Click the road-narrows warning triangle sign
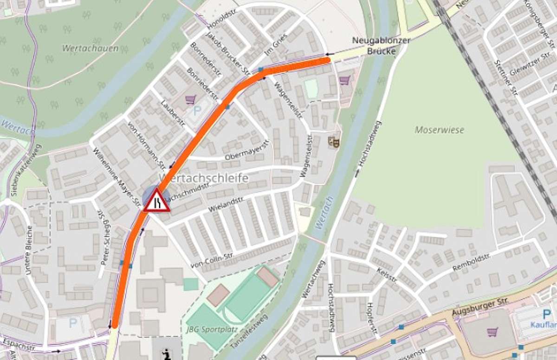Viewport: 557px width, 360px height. (156, 201)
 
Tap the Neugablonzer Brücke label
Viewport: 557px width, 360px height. (381, 46)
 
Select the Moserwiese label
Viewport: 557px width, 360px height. (439, 130)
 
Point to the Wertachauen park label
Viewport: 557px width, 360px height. (90, 48)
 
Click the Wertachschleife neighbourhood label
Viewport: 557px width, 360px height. (203, 178)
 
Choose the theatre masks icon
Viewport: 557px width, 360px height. (334, 141)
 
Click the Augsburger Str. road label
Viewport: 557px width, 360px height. (480, 306)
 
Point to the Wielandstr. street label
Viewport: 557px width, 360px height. (226, 204)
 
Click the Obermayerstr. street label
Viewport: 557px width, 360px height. (247, 150)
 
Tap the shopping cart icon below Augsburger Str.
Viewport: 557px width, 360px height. (492, 332)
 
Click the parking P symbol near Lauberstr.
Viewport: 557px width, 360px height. (198, 111)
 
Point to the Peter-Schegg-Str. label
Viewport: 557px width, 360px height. (104, 237)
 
